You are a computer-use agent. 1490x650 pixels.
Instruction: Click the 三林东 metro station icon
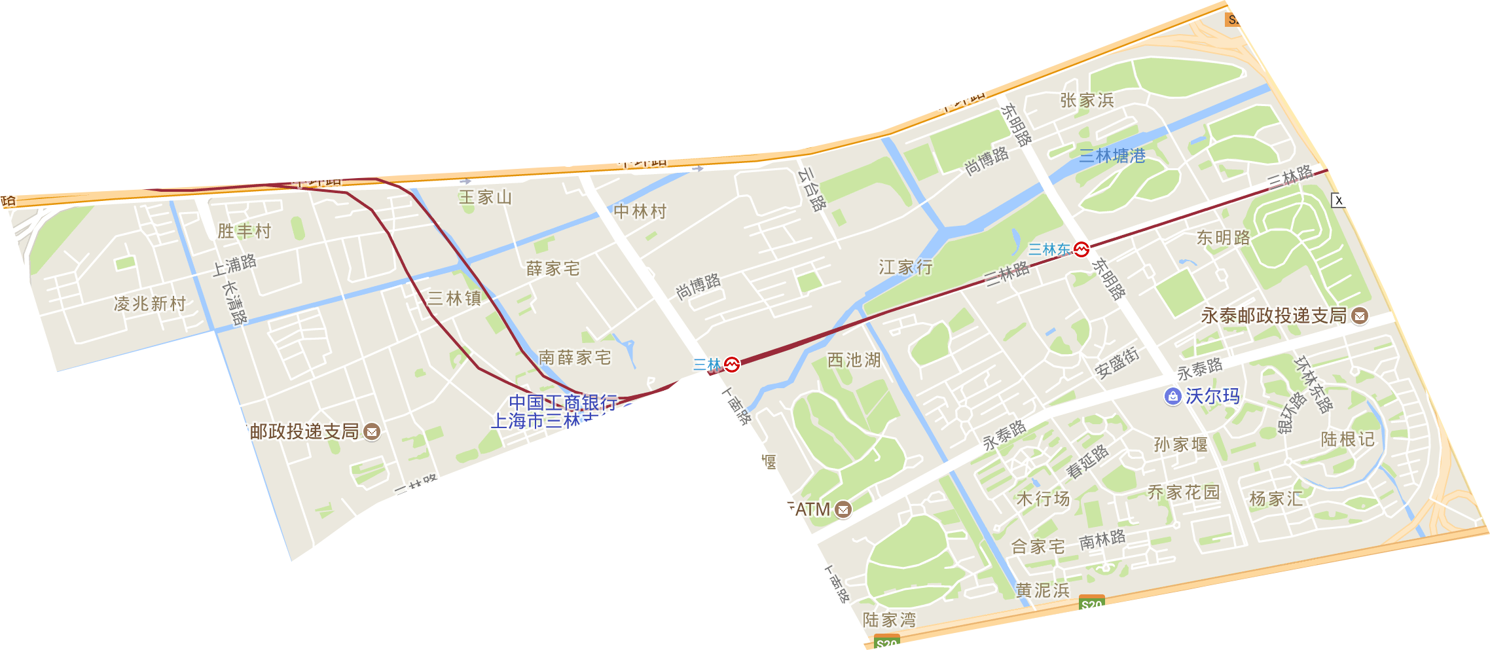click(x=1081, y=249)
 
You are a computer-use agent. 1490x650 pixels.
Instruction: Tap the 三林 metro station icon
click(x=732, y=364)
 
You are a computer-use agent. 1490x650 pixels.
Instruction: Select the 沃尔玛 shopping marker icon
click(x=1172, y=396)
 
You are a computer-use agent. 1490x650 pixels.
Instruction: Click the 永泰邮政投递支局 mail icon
click(x=1360, y=316)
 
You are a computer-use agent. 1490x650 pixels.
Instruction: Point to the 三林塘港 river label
click(x=1112, y=156)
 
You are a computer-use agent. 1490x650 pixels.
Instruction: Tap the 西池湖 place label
click(x=854, y=360)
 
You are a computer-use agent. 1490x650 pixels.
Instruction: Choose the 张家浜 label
click(x=1087, y=100)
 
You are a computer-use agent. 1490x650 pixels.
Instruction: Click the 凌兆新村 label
click(x=150, y=304)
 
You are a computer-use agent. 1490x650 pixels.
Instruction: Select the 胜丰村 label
click(x=244, y=231)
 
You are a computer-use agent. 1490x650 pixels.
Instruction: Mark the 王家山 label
click(x=485, y=197)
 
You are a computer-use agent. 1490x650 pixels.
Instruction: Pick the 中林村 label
click(x=640, y=211)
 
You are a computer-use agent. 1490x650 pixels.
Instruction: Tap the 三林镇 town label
click(x=454, y=298)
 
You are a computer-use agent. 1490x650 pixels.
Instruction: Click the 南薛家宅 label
click(x=574, y=357)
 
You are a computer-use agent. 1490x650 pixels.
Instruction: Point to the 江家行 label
click(x=905, y=267)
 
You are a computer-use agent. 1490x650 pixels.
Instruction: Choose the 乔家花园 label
click(x=1184, y=492)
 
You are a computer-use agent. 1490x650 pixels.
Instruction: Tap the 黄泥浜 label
click(x=1042, y=590)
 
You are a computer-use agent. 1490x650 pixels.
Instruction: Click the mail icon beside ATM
click(x=844, y=509)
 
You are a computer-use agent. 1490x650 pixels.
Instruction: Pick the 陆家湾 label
click(x=889, y=619)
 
